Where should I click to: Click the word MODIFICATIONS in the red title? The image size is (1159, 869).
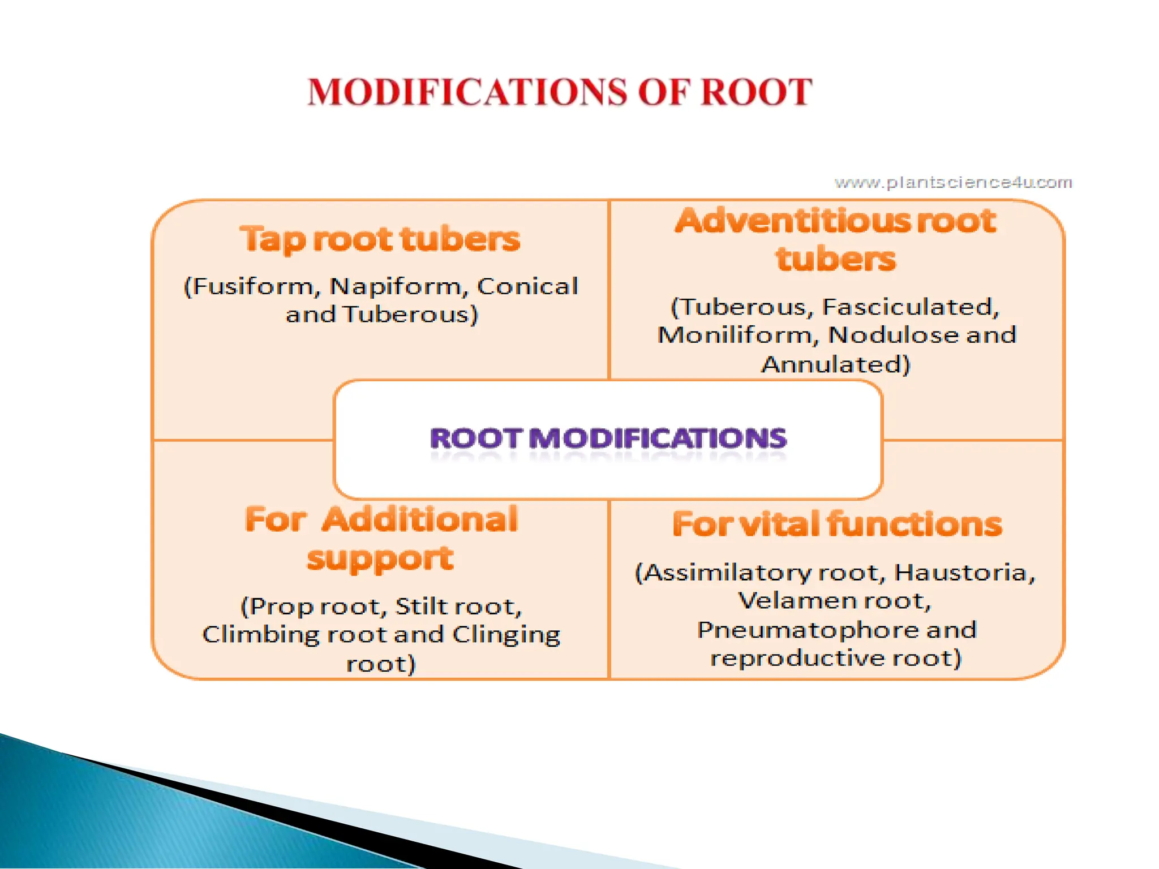tap(467, 92)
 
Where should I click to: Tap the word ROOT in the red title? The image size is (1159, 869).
tap(756, 92)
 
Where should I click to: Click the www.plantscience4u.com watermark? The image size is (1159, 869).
tap(953, 183)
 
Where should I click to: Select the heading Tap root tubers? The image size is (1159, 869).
tap(380, 239)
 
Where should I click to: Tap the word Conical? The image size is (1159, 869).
tap(527, 286)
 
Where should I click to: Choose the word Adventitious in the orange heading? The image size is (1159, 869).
tap(793, 221)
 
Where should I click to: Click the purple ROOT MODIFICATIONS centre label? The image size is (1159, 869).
tap(608, 439)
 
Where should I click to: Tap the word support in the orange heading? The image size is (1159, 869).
tap(380, 559)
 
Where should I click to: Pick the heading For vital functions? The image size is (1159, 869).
tap(837, 524)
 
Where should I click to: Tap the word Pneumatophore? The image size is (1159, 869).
tap(808, 630)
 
